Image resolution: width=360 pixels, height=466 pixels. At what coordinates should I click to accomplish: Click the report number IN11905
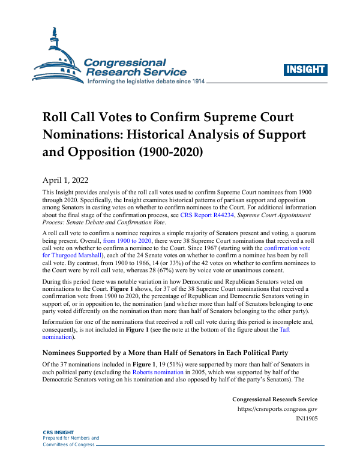[x=307, y=419]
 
